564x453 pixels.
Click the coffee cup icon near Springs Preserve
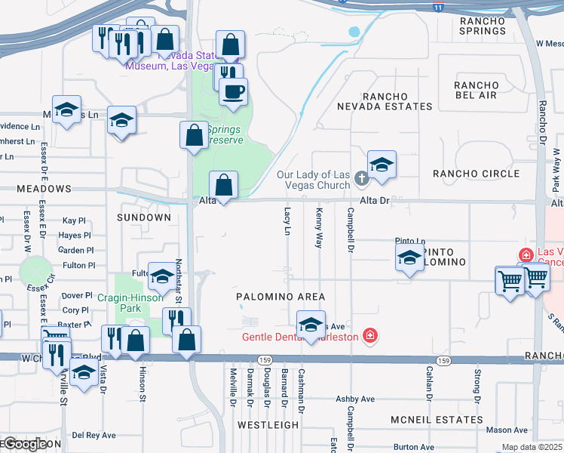coord(233,91)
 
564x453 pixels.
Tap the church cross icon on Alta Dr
coord(361,179)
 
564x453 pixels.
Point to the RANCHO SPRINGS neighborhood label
coord(483,26)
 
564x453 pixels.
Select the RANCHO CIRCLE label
coord(477,174)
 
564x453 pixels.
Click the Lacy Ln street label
coord(287,221)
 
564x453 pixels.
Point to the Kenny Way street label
coord(319,228)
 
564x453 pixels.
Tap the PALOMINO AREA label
coord(279,297)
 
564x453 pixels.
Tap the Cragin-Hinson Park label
coord(130,303)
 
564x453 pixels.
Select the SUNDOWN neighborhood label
coord(144,217)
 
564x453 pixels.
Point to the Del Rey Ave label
coord(93,435)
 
